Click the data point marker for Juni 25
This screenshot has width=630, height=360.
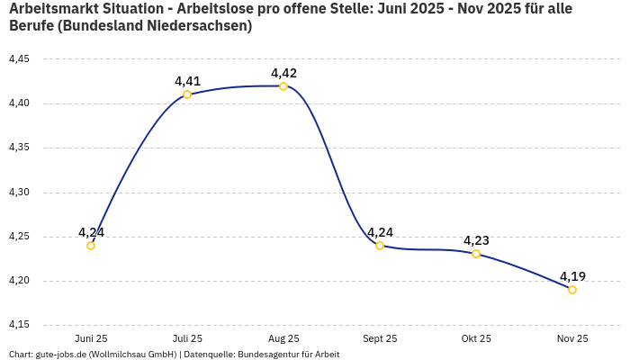(91, 246)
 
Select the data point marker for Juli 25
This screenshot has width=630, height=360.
(187, 94)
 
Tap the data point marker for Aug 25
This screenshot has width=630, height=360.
(283, 86)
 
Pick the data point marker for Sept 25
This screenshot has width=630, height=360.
(380, 246)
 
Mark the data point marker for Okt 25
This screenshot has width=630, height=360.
(476, 254)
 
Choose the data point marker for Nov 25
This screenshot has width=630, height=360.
(572, 290)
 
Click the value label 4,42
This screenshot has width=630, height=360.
(283, 73)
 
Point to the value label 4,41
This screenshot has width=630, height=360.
(187, 81)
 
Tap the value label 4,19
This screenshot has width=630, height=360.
(572, 276)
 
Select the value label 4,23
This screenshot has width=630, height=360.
(476, 240)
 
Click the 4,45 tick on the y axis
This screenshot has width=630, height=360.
(19, 59)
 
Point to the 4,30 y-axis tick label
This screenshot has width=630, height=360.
(19, 193)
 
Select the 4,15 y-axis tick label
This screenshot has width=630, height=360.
(19, 325)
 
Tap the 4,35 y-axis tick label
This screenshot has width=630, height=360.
(19, 148)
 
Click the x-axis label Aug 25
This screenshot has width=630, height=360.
(283, 339)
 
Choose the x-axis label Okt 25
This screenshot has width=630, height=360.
(476, 339)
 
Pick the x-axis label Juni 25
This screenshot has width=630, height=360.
(91, 339)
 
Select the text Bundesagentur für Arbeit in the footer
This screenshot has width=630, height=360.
(288, 355)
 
